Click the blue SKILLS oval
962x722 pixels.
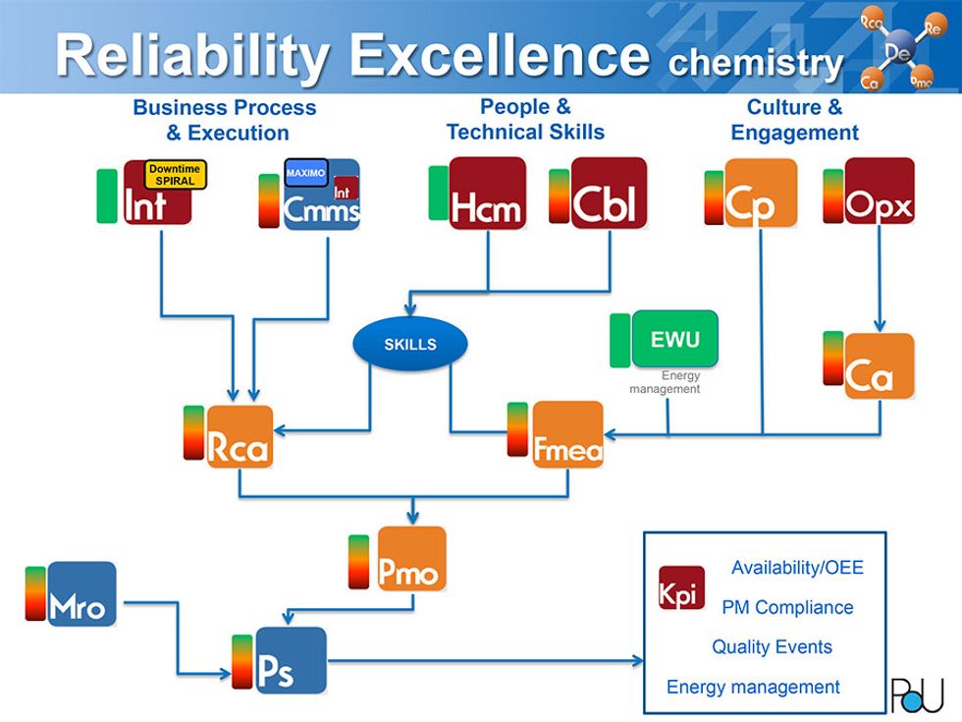click(x=409, y=345)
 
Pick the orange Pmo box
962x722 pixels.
click(x=411, y=559)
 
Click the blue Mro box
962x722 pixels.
click(x=81, y=594)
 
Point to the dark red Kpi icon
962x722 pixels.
click(x=681, y=586)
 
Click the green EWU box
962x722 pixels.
click(x=674, y=339)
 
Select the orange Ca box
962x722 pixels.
click(x=879, y=366)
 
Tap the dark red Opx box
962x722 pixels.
click(x=879, y=192)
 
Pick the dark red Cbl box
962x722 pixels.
click(x=609, y=193)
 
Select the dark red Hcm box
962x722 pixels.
click(x=487, y=193)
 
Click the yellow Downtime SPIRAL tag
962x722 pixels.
click(x=175, y=175)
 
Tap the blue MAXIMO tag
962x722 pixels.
click(x=305, y=174)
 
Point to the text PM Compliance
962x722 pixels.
click(x=787, y=608)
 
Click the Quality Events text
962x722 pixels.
click(x=772, y=647)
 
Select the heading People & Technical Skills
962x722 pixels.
click(x=525, y=119)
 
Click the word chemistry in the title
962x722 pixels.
click(x=754, y=63)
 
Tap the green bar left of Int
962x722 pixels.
click(x=107, y=194)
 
